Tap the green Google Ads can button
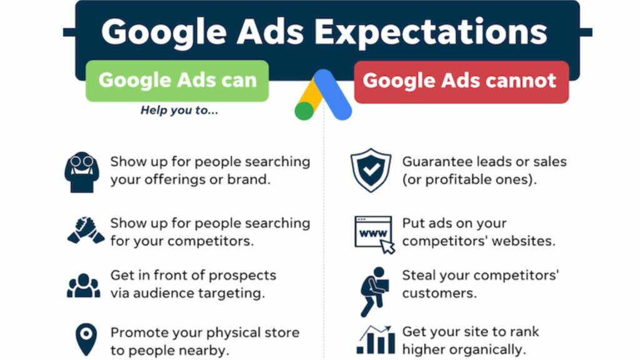pyautogui.click(x=177, y=81)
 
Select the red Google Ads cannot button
pyautogui.click(x=460, y=81)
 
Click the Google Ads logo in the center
pyautogui.click(x=323, y=95)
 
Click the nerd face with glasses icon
pyautogui.click(x=82, y=171)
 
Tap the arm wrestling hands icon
pyautogui.click(x=85, y=231)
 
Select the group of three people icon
pyautogui.click(x=83, y=285)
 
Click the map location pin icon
pyautogui.click(x=86, y=339)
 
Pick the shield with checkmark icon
pyautogui.click(x=371, y=169)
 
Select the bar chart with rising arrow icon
pyautogui.click(x=376, y=341)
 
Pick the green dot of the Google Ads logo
pyautogui.click(x=304, y=111)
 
